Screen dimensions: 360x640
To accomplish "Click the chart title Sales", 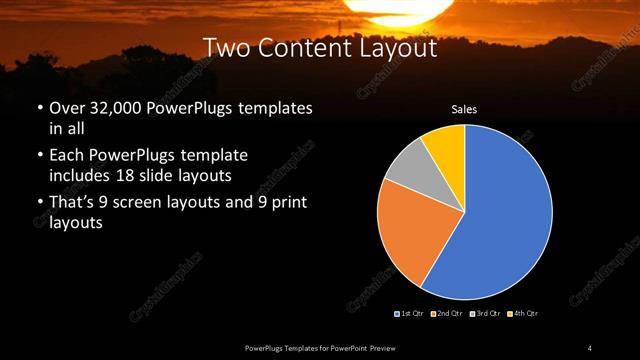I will pos(464,109).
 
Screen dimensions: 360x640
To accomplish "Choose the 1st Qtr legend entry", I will pos(410,314).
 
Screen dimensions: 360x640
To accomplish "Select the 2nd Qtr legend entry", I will pos(445,314).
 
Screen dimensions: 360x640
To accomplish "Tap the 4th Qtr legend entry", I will pos(521,314).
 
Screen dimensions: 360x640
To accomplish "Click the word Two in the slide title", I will pos(223,47).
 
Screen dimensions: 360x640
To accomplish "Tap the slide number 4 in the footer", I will pos(589,347).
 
